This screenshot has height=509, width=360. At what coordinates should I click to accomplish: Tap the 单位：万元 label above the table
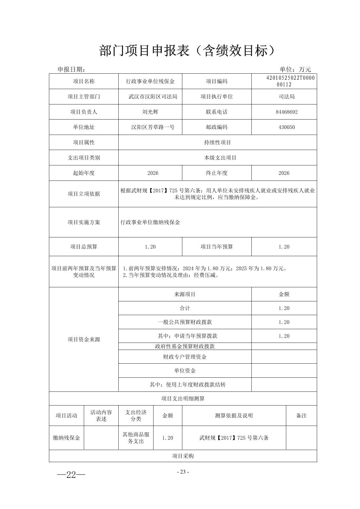click(x=295, y=69)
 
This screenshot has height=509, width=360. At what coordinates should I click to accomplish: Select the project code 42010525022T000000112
click(x=284, y=81)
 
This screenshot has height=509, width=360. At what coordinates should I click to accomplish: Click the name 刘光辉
click(x=150, y=112)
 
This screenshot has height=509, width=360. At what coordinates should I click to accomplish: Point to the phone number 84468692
click(x=284, y=112)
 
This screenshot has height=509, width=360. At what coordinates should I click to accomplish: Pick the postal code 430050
click(x=284, y=127)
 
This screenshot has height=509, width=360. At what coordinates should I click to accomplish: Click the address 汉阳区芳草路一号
click(x=153, y=127)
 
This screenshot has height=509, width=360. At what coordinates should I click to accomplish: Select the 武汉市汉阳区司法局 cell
click(x=153, y=96)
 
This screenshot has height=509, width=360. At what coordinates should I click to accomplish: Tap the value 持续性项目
click(x=217, y=142)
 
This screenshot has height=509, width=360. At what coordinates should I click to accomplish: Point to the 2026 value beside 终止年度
click(x=284, y=173)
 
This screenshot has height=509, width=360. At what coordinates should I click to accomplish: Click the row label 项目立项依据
click(x=84, y=194)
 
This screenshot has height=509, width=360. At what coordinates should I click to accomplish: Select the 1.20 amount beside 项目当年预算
click(x=284, y=247)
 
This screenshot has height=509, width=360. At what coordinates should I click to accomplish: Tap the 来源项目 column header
click(x=185, y=294)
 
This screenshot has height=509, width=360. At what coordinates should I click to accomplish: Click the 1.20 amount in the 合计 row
click(x=284, y=308)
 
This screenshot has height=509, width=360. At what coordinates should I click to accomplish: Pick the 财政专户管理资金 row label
click(x=185, y=357)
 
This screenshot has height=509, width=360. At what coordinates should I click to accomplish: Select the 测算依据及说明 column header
click(x=234, y=416)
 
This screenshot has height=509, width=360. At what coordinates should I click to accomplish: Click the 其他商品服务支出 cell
click(x=136, y=438)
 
